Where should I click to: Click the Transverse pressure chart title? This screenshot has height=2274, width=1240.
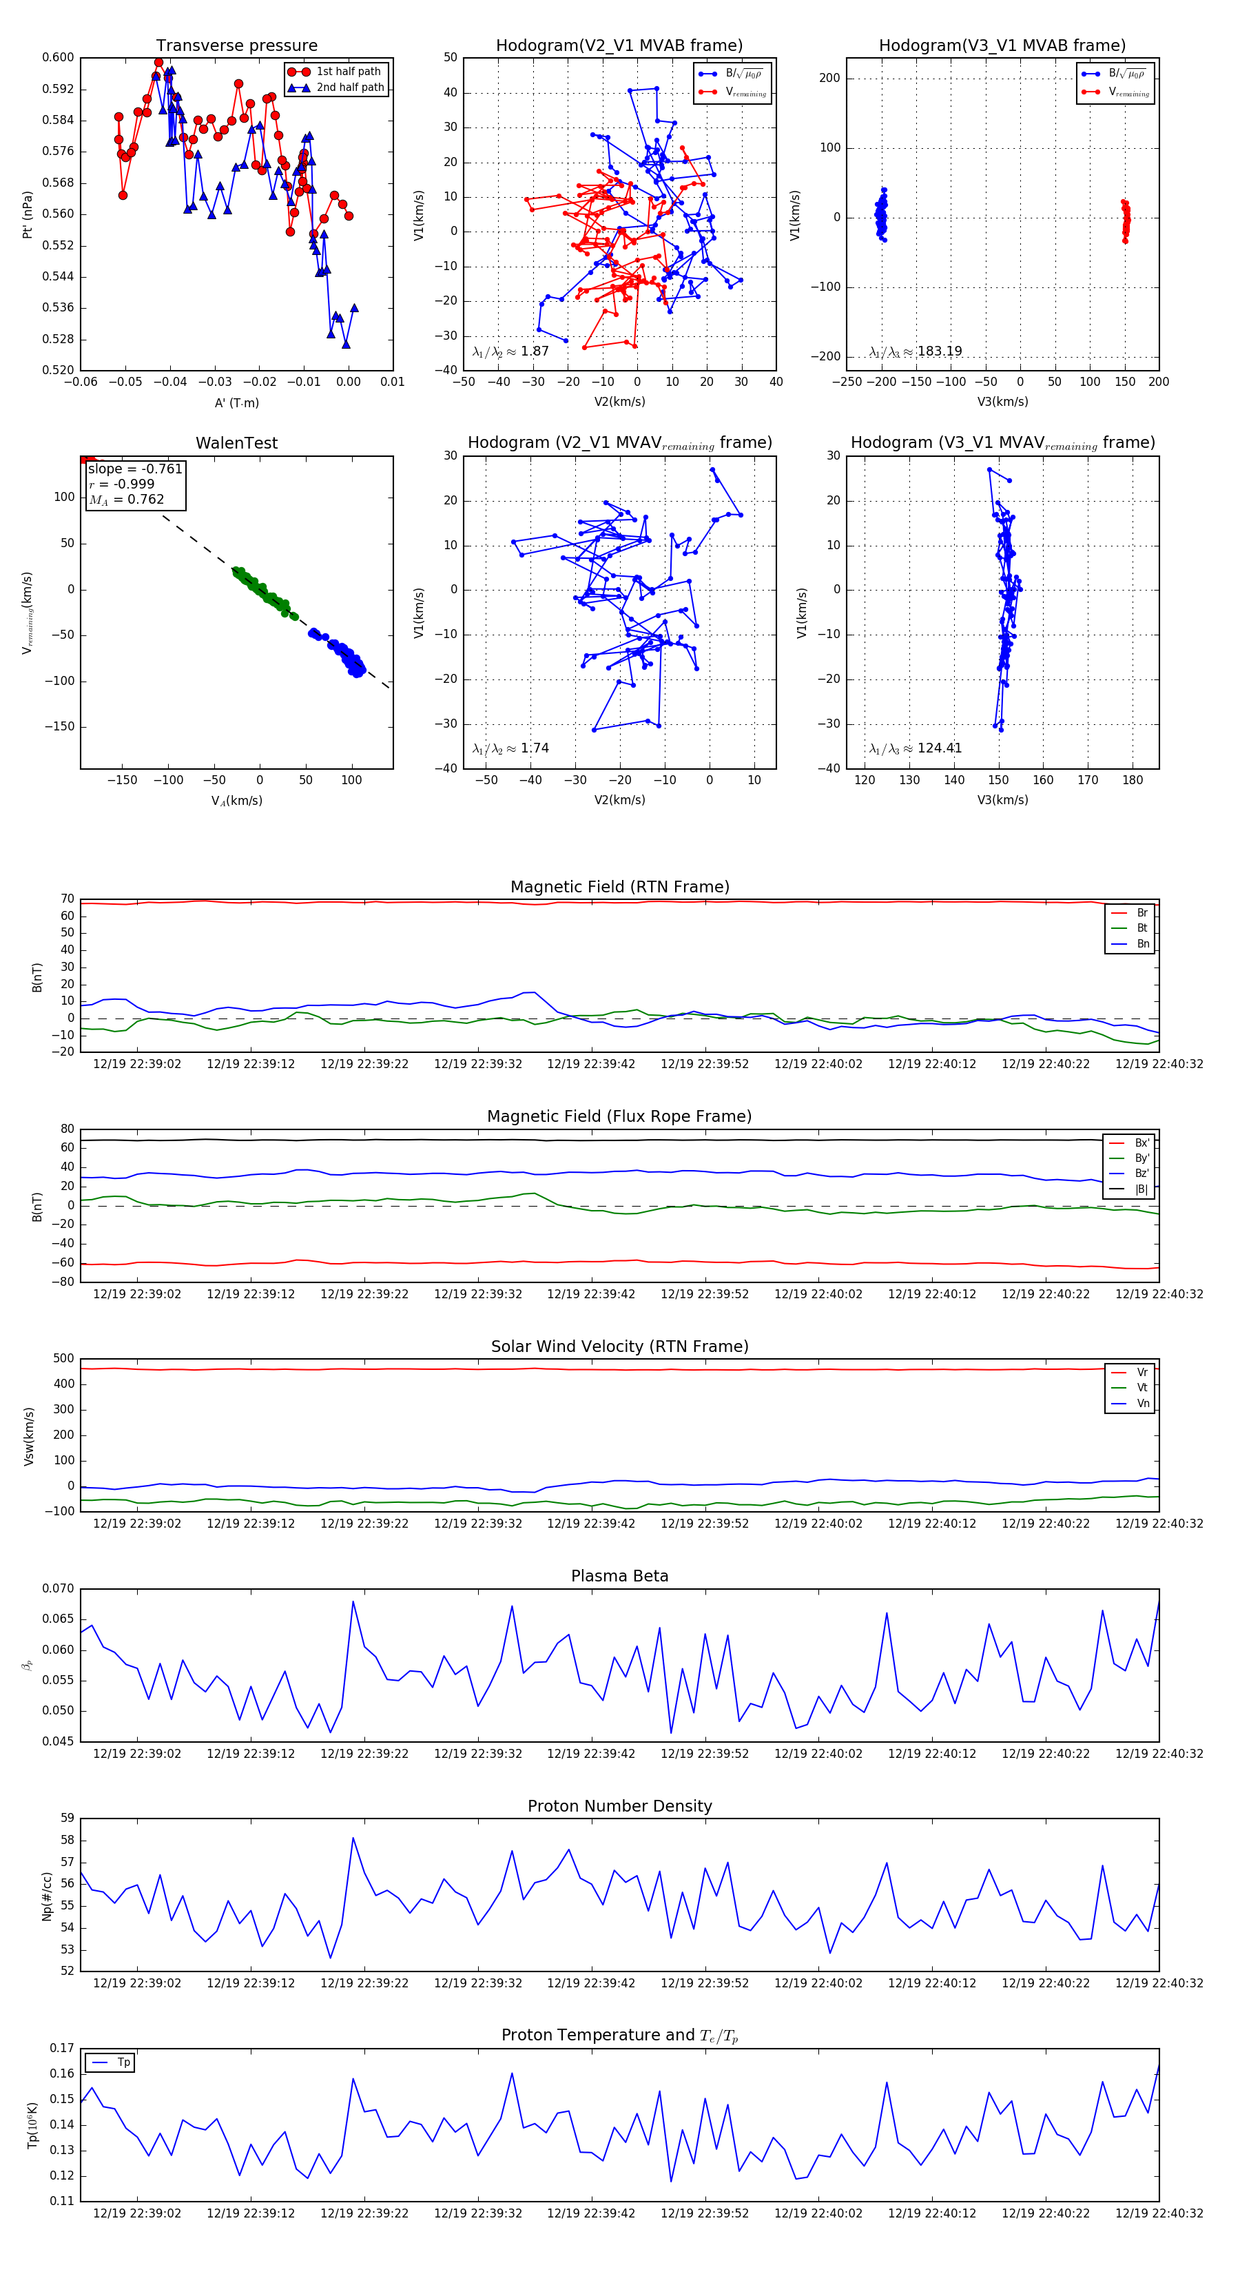[x=236, y=46]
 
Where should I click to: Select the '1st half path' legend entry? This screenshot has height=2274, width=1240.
[x=348, y=72]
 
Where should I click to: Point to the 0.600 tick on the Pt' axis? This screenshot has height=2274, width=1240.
[x=59, y=57]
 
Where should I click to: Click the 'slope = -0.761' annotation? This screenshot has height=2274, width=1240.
[x=135, y=469]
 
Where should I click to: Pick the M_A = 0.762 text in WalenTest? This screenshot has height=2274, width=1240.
[x=126, y=500]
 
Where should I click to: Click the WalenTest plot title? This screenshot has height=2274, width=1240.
[x=236, y=443]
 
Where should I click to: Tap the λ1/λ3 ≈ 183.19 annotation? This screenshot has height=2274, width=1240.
[x=916, y=351]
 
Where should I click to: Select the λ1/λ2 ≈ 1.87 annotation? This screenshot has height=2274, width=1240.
[x=510, y=351]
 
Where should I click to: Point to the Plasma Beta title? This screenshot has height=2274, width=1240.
[x=619, y=1576]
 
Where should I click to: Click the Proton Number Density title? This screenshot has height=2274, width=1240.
[x=619, y=1805]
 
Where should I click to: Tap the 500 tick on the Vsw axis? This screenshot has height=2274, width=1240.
[x=63, y=1359]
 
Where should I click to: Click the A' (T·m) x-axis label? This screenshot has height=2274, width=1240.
[x=236, y=402]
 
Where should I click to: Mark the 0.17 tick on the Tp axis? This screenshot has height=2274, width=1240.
[x=62, y=2048]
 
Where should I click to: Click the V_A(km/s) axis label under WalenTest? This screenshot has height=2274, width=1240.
[x=236, y=801]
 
